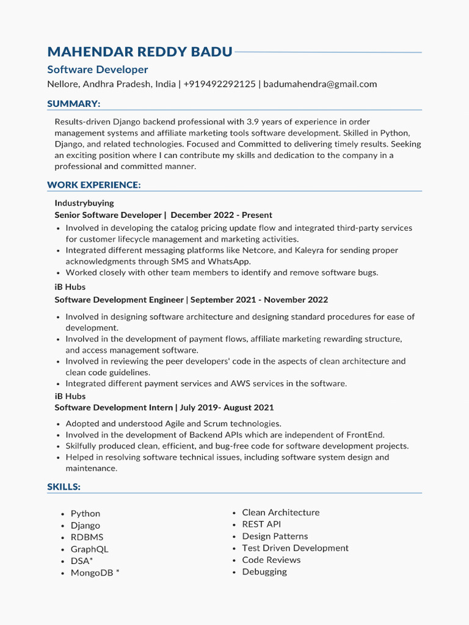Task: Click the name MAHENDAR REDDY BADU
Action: pyautogui.click(x=140, y=52)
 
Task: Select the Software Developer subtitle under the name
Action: pyautogui.click(x=98, y=70)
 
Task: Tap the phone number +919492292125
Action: pyautogui.click(x=219, y=84)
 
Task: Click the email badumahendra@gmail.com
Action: pyautogui.click(x=320, y=84)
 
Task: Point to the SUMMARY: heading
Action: pyautogui.click(x=73, y=104)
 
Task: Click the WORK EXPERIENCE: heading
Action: pyautogui.click(x=93, y=185)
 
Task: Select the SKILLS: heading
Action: pyautogui.click(x=64, y=486)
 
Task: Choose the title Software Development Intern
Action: pyautogui.click(x=114, y=407)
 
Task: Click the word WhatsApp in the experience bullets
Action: pyautogui.click(x=230, y=261)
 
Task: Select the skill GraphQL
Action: pyautogui.click(x=89, y=549)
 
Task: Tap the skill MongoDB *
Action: pyautogui.click(x=95, y=573)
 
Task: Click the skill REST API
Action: pyautogui.click(x=261, y=524)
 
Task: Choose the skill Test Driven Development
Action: pyautogui.click(x=295, y=548)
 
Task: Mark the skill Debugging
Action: pyautogui.click(x=264, y=572)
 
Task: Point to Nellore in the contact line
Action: pyautogui.click(x=63, y=84)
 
